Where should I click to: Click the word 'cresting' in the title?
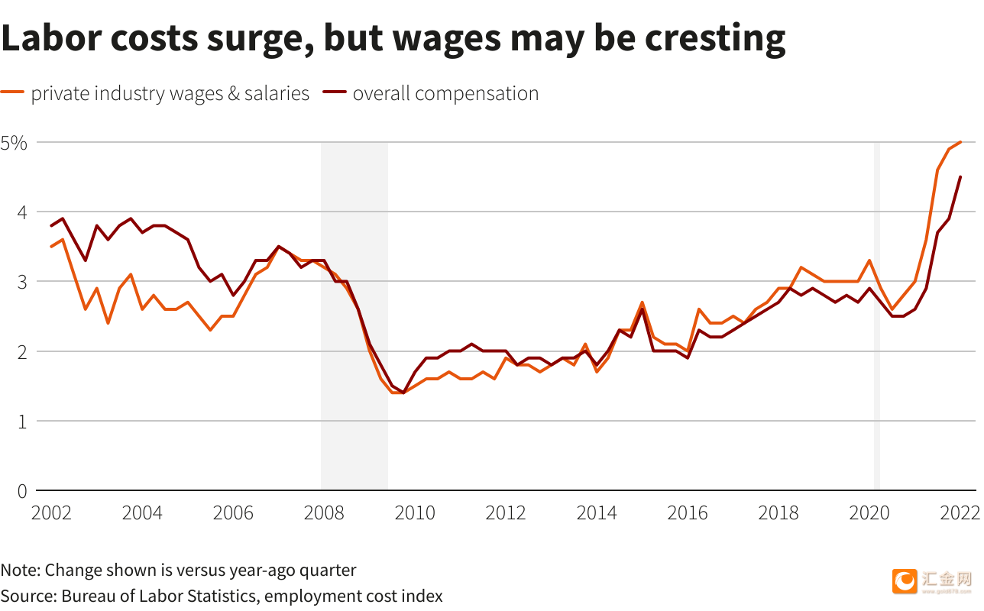click(x=715, y=40)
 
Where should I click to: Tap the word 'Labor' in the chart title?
click(x=52, y=37)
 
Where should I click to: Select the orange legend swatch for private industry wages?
click(x=12, y=92)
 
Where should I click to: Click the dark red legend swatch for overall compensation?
click(x=335, y=92)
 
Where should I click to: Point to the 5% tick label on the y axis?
click(x=14, y=143)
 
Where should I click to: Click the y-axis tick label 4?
click(x=22, y=212)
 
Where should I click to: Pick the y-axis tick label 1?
click(x=22, y=422)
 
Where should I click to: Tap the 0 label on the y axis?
click(x=22, y=491)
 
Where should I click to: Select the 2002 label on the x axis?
click(x=51, y=513)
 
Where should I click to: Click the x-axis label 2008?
click(x=324, y=513)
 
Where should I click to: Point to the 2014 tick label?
click(x=597, y=513)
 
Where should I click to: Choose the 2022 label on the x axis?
click(x=960, y=513)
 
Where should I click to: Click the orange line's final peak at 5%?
click(x=960, y=142)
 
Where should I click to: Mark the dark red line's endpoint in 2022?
click(x=960, y=177)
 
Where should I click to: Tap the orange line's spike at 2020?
click(x=869, y=260)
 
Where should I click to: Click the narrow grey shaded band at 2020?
click(x=877, y=315)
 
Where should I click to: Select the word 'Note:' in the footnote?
click(x=20, y=571)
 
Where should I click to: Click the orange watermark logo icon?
click(x=905, y=581)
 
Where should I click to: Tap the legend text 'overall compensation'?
click(x=445, y=94)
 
